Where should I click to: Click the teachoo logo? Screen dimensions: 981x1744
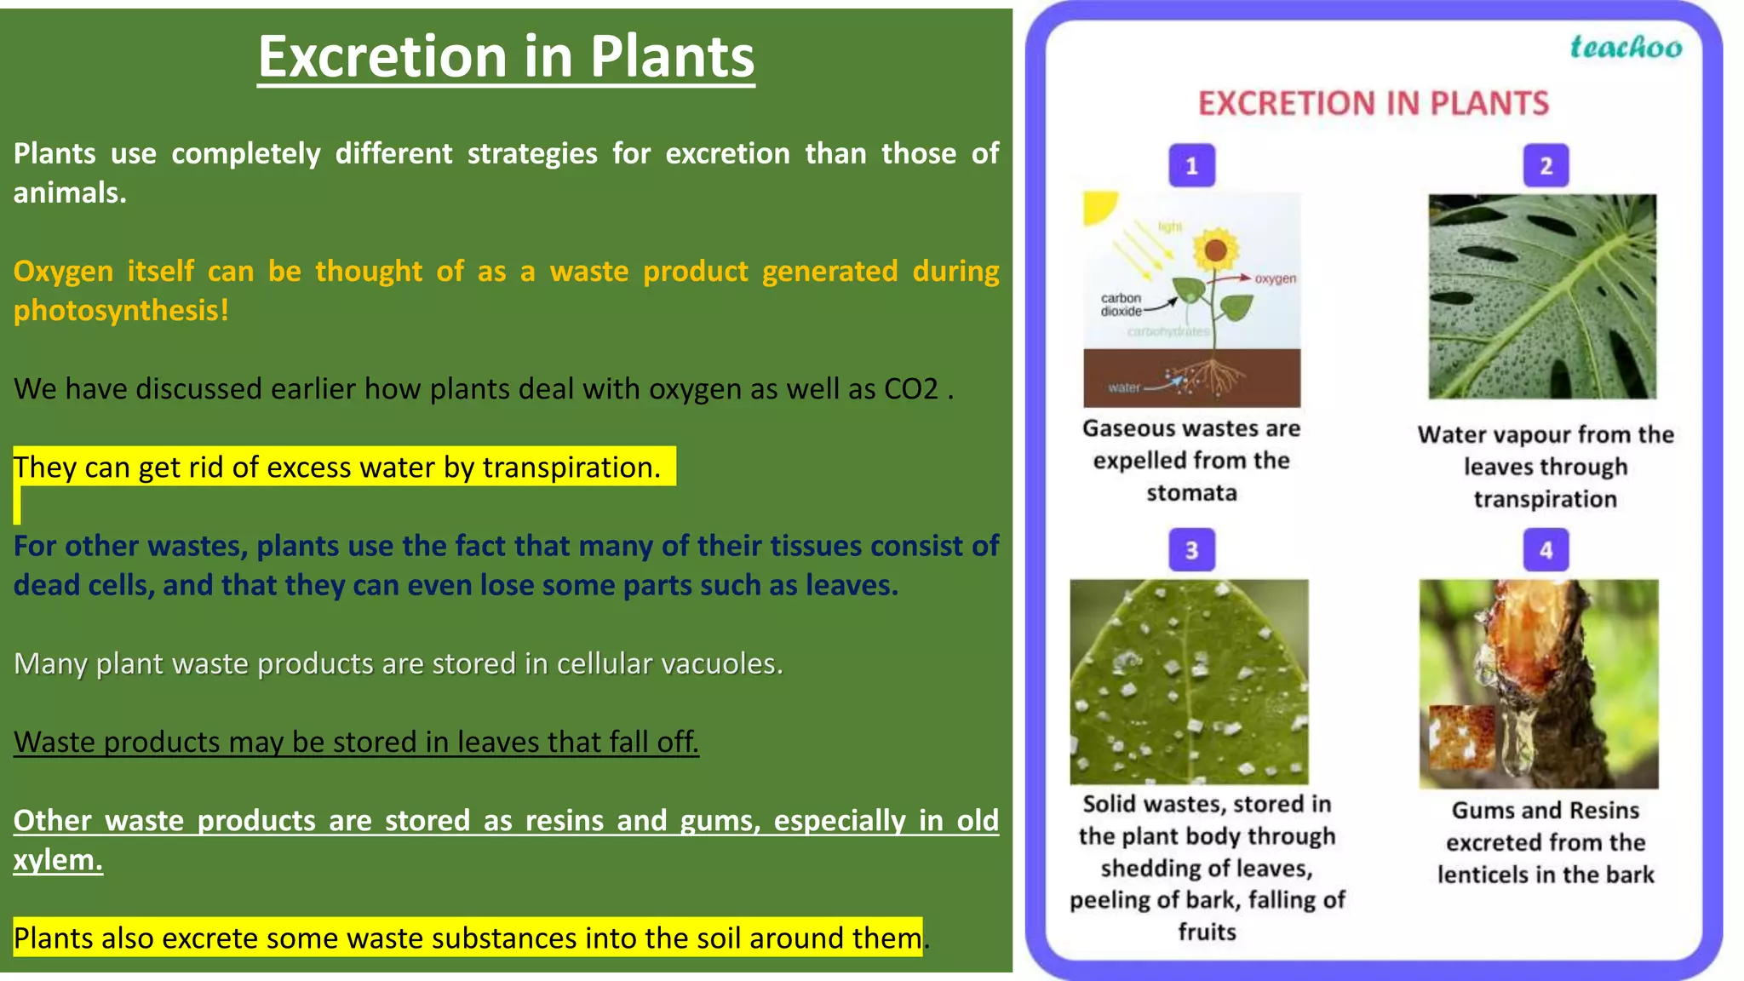pos(1626,47)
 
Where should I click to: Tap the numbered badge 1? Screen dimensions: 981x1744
pos(1191,165)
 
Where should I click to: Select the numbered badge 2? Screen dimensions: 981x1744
pos(1546,165)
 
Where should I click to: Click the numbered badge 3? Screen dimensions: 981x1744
pos(1191,550)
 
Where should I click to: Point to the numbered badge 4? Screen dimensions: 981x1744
pos(1546,550)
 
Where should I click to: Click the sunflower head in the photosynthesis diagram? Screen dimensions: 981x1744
pos(1215,250)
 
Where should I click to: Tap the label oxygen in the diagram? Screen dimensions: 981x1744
pos(1275,278)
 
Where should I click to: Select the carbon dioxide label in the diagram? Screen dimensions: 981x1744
pos(1121,305)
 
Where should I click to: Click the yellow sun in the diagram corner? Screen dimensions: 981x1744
pos(1098,207)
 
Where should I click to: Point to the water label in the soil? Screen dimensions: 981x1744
pos(1123,387)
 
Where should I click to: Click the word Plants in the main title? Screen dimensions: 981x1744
pos(672,57)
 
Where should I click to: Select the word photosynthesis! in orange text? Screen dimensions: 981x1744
pos(121,310)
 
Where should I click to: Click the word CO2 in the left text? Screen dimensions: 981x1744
pos(911,389)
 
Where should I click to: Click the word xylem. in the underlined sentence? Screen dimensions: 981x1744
pos(58,859)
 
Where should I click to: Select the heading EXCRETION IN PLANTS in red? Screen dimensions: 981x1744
pos(1373,104)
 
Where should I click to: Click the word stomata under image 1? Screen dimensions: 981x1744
pos(1191,493)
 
